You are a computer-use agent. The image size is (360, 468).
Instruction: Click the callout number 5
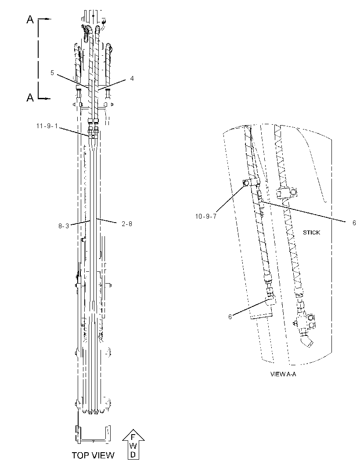[52, 73]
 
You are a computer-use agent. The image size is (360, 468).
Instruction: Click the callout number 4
[132, 79]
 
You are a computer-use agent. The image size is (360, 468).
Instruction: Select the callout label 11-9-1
[47, 126]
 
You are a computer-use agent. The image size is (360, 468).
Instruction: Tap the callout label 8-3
[64, 226]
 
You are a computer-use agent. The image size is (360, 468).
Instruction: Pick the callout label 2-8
[127, 223]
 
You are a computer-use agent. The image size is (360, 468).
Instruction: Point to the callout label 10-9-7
[205, 216]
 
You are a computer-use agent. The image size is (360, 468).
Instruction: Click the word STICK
[311, 233]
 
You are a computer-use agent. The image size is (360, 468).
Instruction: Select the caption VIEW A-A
[283, 374]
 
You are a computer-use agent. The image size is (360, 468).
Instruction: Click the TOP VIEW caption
[93, 455]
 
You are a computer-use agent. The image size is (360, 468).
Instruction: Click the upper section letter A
[30, 20]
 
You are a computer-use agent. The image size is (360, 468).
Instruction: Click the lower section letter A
[30, 97]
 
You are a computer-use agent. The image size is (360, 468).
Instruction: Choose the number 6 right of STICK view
[354, 223]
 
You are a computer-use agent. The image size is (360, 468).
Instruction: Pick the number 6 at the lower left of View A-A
[230, 317]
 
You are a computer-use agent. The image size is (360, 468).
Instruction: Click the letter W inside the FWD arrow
[133, 446]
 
